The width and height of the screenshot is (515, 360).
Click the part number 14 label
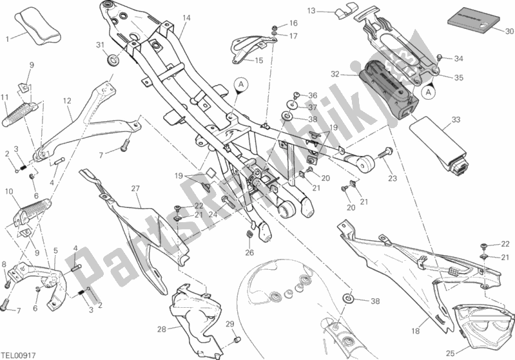click(186, 17)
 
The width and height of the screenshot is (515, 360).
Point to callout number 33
click(456, 120)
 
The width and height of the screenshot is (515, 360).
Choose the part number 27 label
click(135, 188)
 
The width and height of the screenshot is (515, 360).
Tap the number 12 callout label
click(66, 100)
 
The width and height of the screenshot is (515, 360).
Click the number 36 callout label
click(313, 95)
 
